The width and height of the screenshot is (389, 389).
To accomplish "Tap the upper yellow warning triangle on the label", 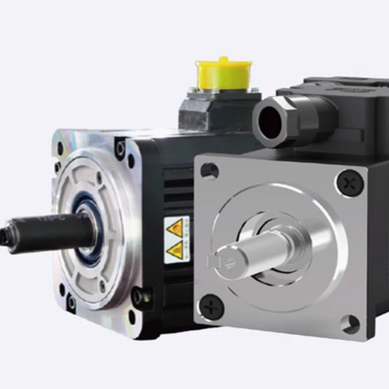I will pos(175,227).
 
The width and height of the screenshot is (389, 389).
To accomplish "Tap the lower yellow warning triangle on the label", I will pos(175,250).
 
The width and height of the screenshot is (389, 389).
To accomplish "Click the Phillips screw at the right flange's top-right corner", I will pos(349,183).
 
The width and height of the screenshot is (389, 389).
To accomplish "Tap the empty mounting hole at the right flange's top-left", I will pos(210,171).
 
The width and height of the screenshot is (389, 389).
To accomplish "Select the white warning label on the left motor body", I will pos(176,239).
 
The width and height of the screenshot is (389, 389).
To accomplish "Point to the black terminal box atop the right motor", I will pos(340,117).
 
